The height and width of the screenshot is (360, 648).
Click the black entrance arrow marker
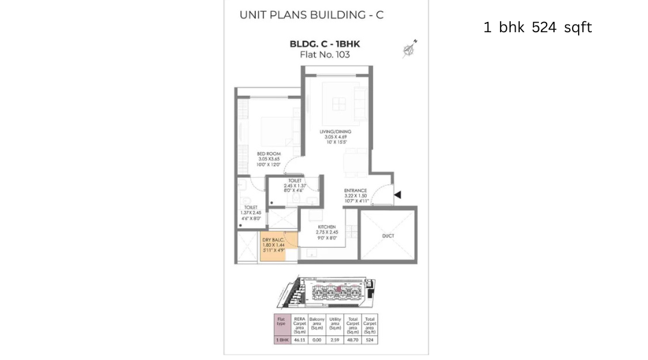pos(398,195)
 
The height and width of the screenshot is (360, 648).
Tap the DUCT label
pos(387,236)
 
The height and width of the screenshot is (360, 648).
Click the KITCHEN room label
pos(326,226)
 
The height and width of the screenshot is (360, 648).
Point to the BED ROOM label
pos(269,154)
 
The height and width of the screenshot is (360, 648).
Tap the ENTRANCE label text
pos(355,191)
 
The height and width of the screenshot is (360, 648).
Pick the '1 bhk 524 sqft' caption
pos(537,27)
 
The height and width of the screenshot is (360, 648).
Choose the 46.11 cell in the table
pos(299,339)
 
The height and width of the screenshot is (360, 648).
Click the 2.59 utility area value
pos(335,339)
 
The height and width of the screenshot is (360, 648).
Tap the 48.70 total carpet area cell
pos(352,339)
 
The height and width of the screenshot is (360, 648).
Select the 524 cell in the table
pos(370,339)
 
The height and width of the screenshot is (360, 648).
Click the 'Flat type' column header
pos(281,322)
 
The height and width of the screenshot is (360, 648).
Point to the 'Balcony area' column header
pos(317,324)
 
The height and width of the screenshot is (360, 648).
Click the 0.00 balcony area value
pos(317,339)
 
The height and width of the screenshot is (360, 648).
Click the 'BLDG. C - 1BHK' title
pos(325,44)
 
